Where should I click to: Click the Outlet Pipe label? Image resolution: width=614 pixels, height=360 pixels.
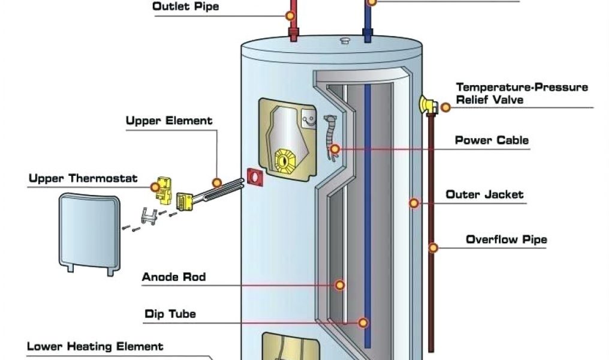(x=186, y=7)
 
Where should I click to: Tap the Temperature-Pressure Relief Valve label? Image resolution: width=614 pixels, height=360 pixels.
(x=522, y=94)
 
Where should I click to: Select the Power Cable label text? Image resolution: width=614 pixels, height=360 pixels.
(x=492, y=140)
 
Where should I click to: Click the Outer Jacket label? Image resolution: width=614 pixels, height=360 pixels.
(x=484, y=194)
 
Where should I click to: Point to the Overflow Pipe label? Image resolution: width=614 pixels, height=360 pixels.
(x=506, y=240)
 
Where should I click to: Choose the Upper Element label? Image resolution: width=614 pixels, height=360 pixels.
(x=169, y=121)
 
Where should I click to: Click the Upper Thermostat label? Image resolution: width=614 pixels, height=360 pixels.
(x=83, y=179)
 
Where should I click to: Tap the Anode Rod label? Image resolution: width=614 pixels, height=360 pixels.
(x=174, y=277)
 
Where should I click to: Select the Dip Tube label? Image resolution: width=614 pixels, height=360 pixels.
(x=170, y=314)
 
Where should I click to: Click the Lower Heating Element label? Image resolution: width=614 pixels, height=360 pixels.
(x=95, y=347)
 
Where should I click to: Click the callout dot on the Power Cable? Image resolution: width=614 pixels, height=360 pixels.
(x=335, y=148)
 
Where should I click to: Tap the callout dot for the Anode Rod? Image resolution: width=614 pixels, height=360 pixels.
(x=340, y=285)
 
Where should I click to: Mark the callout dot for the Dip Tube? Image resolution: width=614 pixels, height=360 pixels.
(x=362, y=322)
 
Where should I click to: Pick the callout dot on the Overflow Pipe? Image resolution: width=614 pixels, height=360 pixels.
(x=433, y=247)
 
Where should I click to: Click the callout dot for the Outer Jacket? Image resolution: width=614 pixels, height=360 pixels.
(x=414, y=203)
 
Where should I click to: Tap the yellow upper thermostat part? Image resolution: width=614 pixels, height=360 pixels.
(x=160, y=187)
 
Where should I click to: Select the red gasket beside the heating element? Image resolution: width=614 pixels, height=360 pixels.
(x=255, y=178)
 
